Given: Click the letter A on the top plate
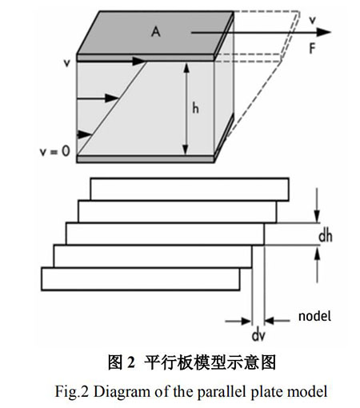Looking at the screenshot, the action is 156,32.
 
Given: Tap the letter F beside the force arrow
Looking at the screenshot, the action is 312,49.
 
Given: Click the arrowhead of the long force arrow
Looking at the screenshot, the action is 323,32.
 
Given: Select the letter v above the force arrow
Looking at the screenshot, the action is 312,20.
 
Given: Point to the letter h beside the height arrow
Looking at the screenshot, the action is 195,109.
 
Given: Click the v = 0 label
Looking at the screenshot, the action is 55,151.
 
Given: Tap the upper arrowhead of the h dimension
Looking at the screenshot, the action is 186,68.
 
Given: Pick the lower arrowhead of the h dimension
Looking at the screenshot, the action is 186,150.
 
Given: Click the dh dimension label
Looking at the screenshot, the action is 326,236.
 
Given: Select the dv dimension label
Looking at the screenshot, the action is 258,335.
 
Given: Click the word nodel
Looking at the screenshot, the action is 314,316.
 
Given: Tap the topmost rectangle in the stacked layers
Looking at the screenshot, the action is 190,189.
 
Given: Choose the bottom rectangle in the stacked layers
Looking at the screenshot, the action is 141,279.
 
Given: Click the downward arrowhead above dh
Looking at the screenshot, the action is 317,216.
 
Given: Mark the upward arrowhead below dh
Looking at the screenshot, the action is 317,252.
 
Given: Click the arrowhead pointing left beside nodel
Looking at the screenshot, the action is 270,320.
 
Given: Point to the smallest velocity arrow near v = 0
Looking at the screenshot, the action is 84,134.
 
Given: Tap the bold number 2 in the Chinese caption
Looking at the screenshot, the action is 131,362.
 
